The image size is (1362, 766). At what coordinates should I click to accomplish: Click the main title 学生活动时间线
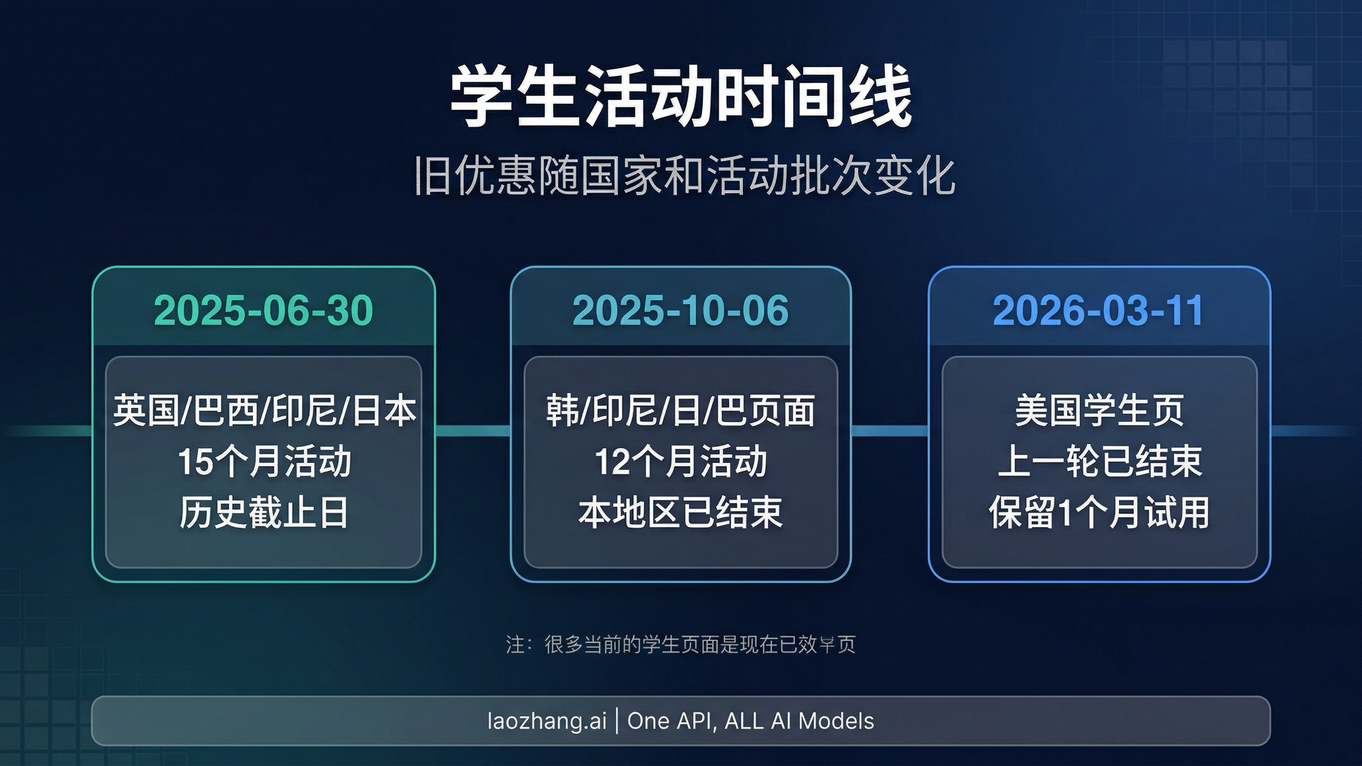tap(680, 96)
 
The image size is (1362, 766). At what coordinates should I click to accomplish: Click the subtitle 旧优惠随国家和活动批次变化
tap(684, 176)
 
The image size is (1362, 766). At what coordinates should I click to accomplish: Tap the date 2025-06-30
tap(263, 310)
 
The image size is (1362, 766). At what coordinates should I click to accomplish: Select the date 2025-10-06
tap(680, 310)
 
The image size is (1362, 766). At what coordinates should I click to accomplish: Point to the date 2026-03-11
tap(1098, 310)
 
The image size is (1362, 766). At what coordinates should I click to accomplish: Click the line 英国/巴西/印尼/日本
tap(264, 410)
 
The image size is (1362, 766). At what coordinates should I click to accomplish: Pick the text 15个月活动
tap(264, 461)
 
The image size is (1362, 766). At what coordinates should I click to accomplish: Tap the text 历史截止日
tap(264, 512)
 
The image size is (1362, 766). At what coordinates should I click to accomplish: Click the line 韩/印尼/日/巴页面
tap(680, 410)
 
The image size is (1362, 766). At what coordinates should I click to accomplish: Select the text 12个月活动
tap(680, 461)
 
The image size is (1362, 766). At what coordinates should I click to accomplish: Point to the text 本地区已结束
tap(680, 512)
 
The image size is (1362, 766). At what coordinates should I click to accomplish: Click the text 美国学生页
tap(1099, 410)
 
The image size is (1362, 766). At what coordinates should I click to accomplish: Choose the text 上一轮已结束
tap(1099, 461)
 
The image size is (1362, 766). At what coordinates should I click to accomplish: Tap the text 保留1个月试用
tap(1099, 512)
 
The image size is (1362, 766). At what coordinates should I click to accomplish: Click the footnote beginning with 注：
tap(680, 644)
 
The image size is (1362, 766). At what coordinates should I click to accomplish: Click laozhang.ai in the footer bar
tap(547, 721)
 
